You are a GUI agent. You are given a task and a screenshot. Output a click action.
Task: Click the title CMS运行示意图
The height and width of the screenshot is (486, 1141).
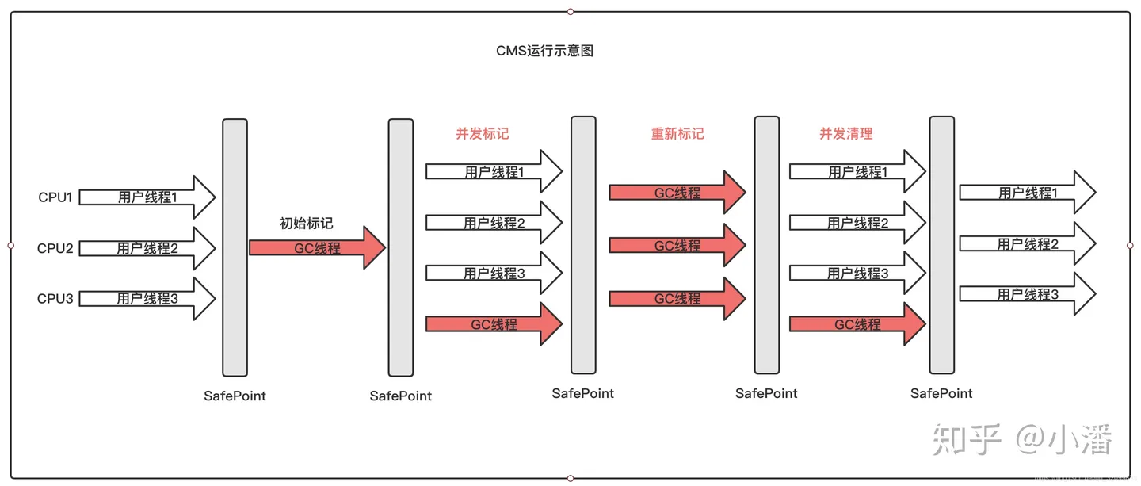coord(544,51)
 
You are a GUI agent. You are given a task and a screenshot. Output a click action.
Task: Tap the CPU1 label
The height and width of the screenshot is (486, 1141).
coord(55,197)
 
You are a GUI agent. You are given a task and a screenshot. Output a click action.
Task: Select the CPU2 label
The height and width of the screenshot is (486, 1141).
coord(55,248)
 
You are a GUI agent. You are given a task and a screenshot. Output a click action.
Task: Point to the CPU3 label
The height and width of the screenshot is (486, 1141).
coord(55,299)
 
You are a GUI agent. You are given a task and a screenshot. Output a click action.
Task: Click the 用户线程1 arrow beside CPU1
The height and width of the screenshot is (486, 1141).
coord(147,197)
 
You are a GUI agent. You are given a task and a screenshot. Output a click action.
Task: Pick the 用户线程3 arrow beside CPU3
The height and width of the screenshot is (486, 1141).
coord(147,299)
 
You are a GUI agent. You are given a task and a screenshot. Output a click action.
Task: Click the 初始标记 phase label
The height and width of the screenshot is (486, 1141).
coord(306,224)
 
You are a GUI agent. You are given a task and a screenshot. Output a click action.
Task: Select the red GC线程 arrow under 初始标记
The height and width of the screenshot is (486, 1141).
coord(317,248)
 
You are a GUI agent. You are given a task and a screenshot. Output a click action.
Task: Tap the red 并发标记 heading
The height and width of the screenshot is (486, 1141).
coord(482,134)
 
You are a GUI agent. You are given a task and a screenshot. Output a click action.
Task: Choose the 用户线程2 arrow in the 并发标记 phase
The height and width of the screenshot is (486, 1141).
coord(494,224)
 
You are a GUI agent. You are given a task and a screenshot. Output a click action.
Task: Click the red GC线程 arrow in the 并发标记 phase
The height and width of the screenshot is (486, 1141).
coord(494,324)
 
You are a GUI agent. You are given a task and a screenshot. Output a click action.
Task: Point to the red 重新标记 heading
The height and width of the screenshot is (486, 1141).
coord(677,134)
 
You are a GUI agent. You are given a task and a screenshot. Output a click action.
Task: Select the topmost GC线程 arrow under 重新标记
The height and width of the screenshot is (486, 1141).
coord(677,193)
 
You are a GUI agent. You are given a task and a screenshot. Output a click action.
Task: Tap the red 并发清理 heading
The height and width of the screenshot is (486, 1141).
coord(845,134)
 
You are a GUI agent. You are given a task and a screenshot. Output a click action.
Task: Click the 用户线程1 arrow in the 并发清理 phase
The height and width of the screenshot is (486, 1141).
coord(857,172)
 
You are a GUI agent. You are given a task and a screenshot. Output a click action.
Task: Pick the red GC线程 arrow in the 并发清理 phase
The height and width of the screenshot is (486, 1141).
coord(857,324)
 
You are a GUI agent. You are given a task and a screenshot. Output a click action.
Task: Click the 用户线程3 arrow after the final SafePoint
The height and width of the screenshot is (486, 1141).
coord(1028,294)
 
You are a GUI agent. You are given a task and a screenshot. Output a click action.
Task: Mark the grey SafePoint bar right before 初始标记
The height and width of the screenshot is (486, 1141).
coord(235,247)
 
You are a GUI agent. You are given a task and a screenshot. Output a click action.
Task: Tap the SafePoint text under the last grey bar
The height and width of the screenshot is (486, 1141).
coord(941,393)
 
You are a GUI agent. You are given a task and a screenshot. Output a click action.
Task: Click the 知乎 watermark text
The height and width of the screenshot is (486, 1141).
coord(967,438)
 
